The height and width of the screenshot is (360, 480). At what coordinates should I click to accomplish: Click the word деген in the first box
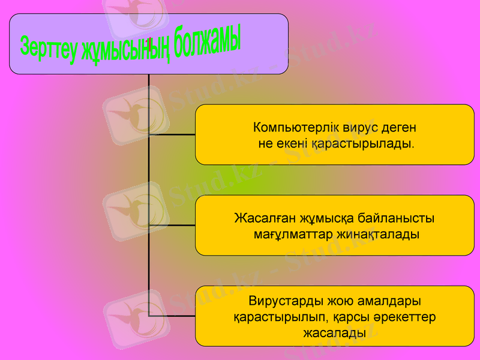pyautogui.click(x=400, y=128)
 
